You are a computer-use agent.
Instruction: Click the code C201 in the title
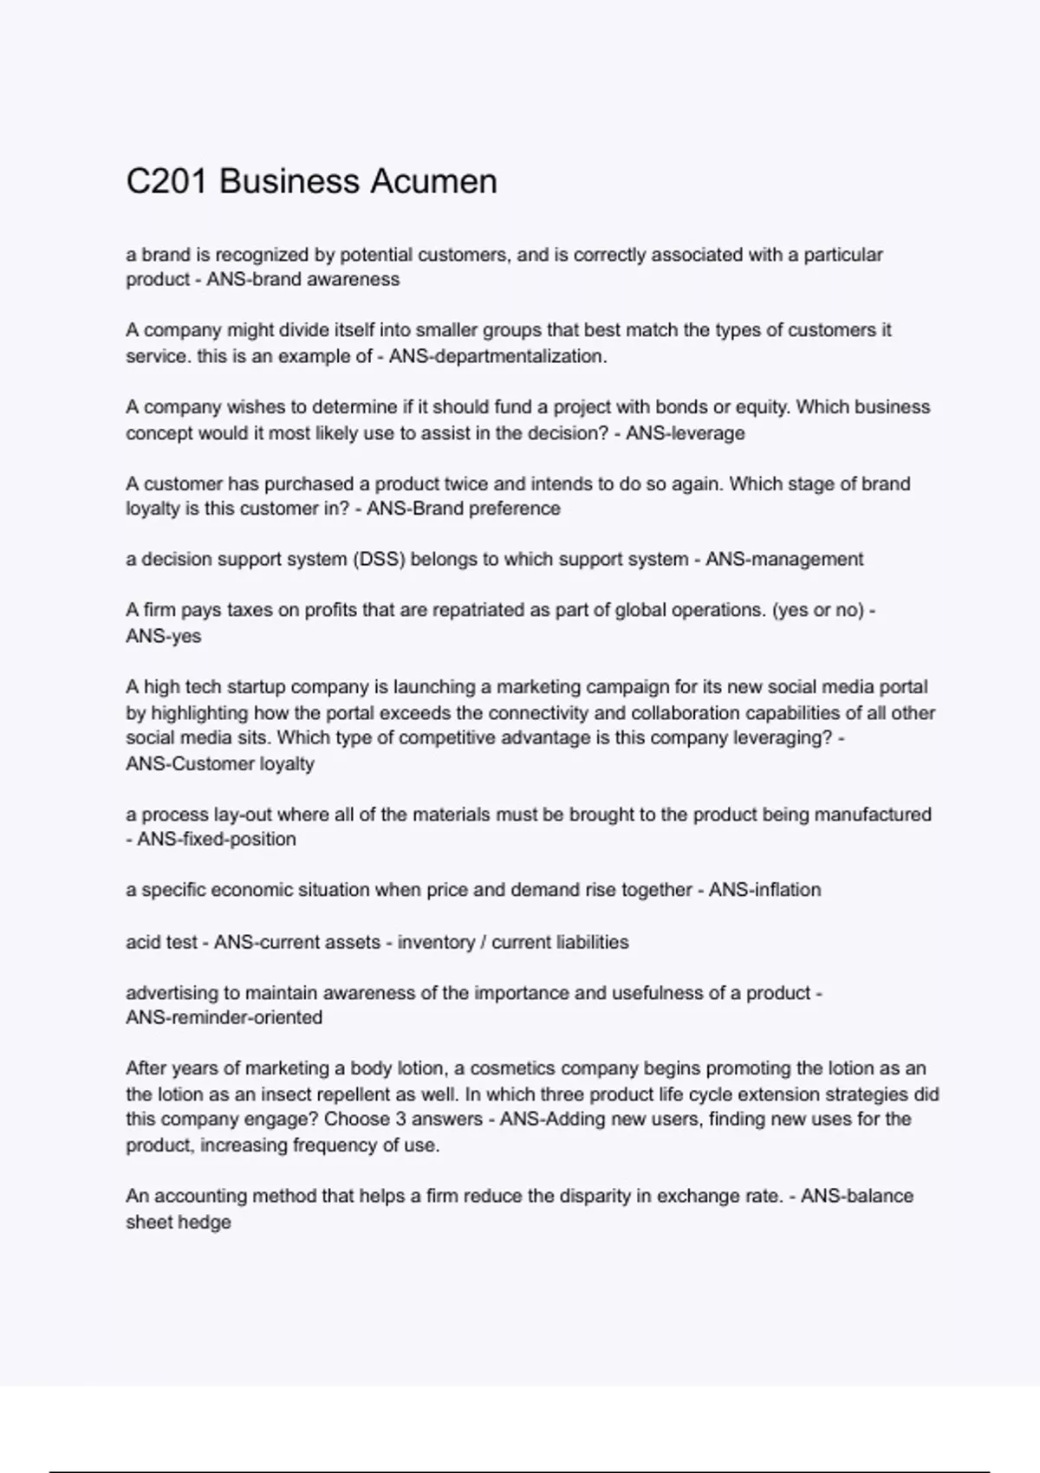point(167,182)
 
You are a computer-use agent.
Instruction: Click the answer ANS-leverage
point(685,433)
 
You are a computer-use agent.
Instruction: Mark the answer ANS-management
point(783,560)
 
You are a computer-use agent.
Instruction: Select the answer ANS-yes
point(163,636)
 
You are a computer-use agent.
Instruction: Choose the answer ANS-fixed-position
point(216,840)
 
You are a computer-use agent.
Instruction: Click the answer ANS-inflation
point(764,890)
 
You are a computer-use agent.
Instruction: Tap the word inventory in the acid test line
point(431,942)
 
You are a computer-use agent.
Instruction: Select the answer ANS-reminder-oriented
point(224,1018)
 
